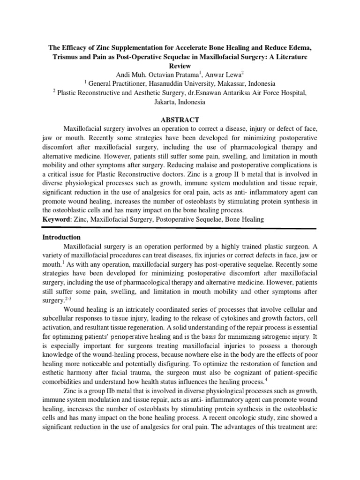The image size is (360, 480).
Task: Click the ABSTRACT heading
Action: pos(180,120)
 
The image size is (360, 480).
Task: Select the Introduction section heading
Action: pos(61,237)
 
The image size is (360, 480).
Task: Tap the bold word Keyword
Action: pos(54,219)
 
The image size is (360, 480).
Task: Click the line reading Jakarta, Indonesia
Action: pos(180,102)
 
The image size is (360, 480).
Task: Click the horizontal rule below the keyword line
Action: pos(180,228)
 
